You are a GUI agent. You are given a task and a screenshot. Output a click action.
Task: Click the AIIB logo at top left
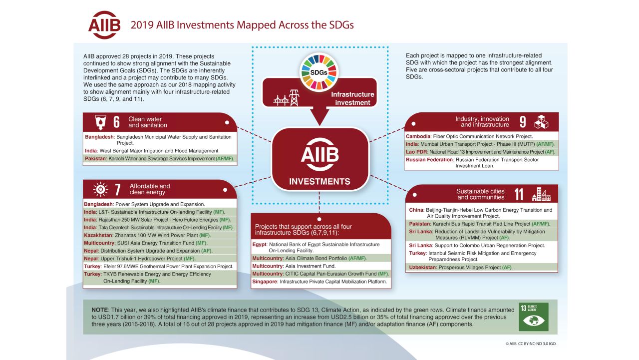pyautogui.click(x=104, y=25)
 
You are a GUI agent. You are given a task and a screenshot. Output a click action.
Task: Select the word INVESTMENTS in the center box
pyautogui.click(x=319, y=181)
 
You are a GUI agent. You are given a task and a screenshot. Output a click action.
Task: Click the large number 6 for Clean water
pyautogui.click(x=116, y=122)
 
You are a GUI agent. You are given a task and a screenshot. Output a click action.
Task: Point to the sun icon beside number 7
pyautogui.click(x=100, y=189)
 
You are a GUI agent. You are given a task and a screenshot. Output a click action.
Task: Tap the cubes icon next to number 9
pyautogui.click(x=541, y=122)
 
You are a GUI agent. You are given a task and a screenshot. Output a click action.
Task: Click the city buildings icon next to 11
pyautogui.click(x=541, y=194)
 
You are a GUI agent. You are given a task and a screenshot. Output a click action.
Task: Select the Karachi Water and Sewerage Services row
pyautogui.click(x=160, y=158)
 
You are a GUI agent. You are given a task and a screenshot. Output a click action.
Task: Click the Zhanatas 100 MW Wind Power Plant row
pyautogui.click(x=160, y=235)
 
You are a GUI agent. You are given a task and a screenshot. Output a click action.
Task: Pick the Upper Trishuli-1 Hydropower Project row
pyautogui.click(x=160, y=258)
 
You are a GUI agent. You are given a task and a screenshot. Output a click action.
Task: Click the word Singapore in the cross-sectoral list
pyautogui.click(x=265, y=282)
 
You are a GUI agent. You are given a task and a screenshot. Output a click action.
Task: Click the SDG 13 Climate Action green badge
pyautogui.click(x=533, y=317)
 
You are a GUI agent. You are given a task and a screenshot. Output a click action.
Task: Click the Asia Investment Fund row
pyautogui.click(x=320, y=266)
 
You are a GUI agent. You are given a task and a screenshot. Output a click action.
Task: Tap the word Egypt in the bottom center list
pyautogui.click(x=260, y=245)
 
